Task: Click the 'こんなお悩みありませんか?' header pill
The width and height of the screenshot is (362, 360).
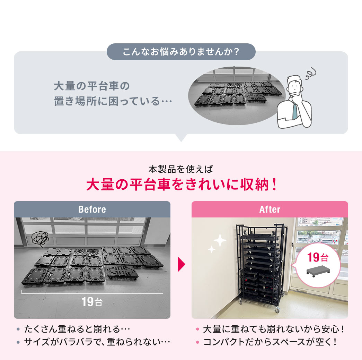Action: tap(181, 52)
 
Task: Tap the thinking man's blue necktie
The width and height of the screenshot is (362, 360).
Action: tap(294, 111)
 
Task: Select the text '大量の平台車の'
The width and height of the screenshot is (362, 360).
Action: tap(92, 85)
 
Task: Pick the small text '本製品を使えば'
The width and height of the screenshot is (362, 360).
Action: tap(180, 170)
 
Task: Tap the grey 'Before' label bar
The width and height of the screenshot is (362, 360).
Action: tap(92, 209)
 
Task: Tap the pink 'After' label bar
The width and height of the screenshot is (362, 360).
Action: tap(270, 209)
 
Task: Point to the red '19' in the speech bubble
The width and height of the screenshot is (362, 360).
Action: tap(313, 258)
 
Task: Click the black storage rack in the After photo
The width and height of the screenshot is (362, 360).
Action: tap(260, 267)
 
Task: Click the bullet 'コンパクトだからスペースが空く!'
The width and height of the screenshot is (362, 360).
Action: tap(270, 342)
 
